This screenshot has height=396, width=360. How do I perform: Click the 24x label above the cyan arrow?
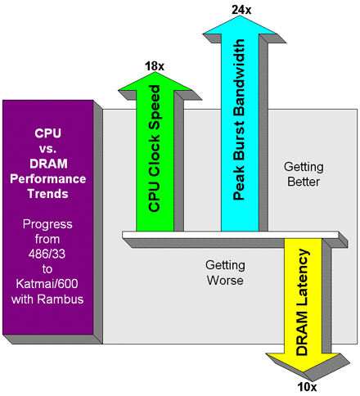click(x=241, y=10)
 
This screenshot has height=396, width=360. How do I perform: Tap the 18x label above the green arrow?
click(x=155, y=66)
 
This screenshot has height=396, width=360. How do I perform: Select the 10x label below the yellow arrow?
click(x=307, y=387)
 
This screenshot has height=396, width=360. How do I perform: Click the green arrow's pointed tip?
click(x=155, y=72)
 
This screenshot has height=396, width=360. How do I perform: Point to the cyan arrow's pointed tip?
click(x=240, y=16)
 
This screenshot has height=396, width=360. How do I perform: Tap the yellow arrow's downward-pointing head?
click(x=304, y=362)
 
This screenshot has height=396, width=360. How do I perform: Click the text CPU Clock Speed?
click(x=155, y=149)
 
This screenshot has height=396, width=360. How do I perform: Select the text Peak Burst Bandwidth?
click(x=239, y=119)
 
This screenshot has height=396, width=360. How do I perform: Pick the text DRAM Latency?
click(x=303, y=302)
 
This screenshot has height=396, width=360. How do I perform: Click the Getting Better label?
click(x=304, y=174)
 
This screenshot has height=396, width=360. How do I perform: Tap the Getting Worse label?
click(x=225, y=272)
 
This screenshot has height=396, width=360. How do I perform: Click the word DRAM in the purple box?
click(x=48, y=164)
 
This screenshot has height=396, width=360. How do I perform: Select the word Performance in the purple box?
click(x=48, y=179)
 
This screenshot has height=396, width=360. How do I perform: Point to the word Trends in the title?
click(x=48, y=194)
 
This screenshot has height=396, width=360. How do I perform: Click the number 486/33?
click(x=47, y=254)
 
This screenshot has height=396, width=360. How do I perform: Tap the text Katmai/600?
click(x=47, y=284)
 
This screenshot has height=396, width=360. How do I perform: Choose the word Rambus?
click(x=61, y=299)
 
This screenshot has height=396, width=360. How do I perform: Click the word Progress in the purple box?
click(x=47, y=224)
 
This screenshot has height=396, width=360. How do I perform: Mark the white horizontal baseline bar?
click(x=231, y=235)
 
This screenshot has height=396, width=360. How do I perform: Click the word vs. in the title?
click(x=48, y=149)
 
